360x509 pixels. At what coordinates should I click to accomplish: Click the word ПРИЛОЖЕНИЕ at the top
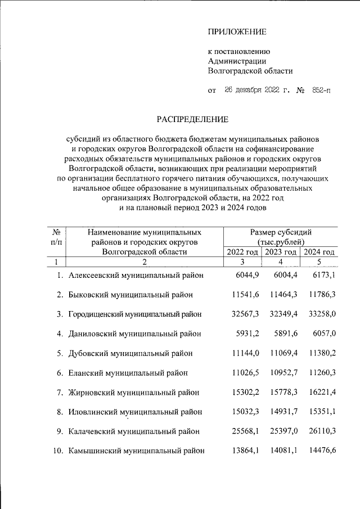[237, 31]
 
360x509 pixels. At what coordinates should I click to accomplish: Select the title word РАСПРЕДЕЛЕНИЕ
[192, 119]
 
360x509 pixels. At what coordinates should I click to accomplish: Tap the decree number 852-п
[318, 90]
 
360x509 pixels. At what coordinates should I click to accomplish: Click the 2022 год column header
[242, 251]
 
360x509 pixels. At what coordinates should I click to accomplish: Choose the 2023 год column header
[281, 251]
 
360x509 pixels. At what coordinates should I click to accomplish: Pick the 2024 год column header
[319, 251]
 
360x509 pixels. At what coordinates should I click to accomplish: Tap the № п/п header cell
[56, 236]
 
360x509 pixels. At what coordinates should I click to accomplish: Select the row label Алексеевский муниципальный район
[136, 275]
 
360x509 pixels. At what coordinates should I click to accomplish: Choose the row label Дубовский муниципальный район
[130, 353]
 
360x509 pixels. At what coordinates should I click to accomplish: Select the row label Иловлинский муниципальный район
[136, 412]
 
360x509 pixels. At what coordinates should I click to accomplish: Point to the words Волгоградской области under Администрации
[250, 71]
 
